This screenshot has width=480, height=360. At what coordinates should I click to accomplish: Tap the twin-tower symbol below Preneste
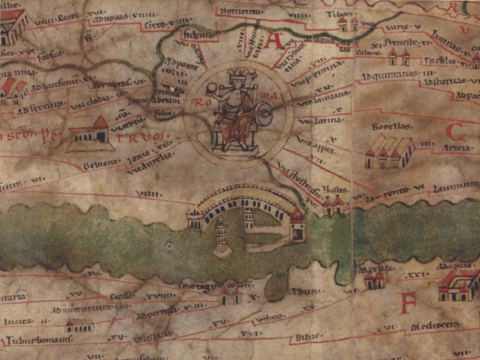pos(398,57)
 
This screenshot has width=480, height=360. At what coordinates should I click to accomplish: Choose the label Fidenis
pos(198,35)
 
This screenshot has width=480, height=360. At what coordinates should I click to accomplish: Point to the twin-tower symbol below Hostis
pos(333,205)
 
